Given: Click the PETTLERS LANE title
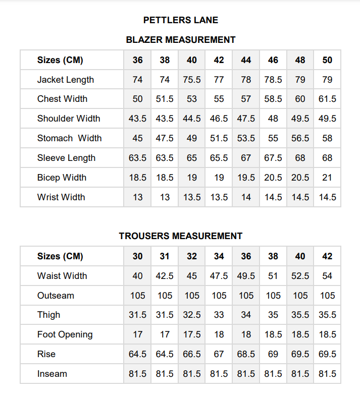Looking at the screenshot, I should [x=180, y=20].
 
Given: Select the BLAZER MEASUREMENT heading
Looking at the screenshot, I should [x=180, y=40].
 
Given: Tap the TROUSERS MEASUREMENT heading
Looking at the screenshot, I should [x=180, y=236].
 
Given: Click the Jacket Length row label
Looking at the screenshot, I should [x=65, y=80].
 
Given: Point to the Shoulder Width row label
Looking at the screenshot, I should [x=69, y=119].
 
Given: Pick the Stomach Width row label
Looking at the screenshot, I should [x=69, y=138].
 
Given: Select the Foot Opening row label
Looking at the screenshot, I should [x=65, y=334].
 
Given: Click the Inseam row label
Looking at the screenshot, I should [x=52, y=374].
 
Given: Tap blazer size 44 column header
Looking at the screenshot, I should [x=246, y=60].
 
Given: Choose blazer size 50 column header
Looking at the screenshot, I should [x=327, y=60].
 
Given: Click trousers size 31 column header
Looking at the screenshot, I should [x=165, y=256].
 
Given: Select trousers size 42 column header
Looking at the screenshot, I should [x=327, y=256].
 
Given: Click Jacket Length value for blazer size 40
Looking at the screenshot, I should [x=192, y=80].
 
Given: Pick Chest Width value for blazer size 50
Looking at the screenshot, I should [x=327, y=99].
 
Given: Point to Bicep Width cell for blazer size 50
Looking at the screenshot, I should [x=327, y=178].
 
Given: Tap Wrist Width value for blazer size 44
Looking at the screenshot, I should [x=246, y=197].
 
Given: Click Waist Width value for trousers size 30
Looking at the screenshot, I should [x=138, y=276].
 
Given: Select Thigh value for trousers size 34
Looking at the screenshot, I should [x=219, y=315].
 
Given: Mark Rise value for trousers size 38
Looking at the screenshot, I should [x=273, y=354].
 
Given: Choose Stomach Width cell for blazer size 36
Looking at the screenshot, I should [x=138, y=138].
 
